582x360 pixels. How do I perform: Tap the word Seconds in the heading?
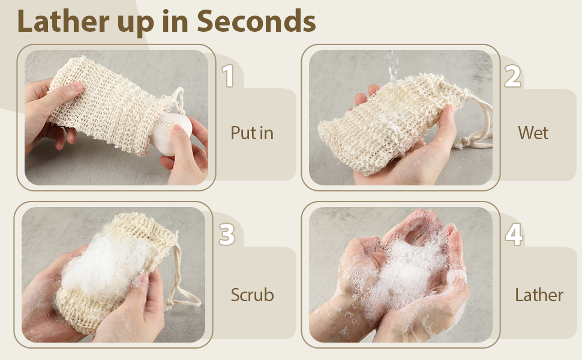(256, 22)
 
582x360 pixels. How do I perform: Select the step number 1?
(227, 77)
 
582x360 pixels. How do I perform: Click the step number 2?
(512, 77)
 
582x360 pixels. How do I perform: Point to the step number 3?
(227, 235)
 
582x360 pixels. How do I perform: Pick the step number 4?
(514, 235)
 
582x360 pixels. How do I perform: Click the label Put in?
(252, 133)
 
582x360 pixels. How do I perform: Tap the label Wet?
(533, 133)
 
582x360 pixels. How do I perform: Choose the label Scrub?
(252, 295)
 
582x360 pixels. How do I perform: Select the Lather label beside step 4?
(539, 295)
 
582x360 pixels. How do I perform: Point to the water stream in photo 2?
(392, 66)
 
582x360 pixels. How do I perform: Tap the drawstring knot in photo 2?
(463, 143)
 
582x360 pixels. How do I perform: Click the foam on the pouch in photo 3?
(102, 264)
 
